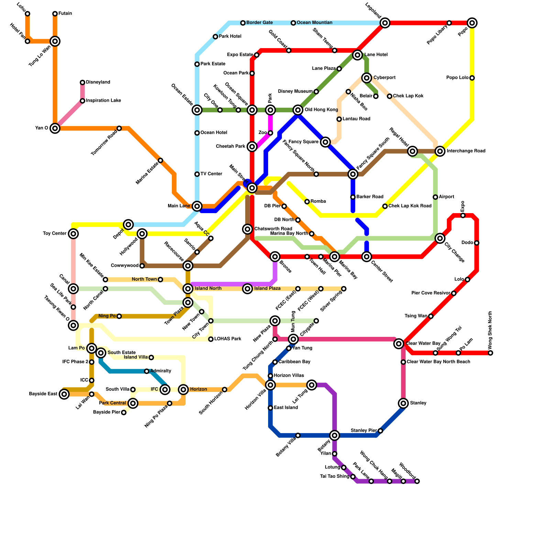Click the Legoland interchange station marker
385,23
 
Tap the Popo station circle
472,23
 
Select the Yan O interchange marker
55,128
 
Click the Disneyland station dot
82,82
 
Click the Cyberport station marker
367,78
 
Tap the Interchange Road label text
466,151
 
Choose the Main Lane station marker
197,206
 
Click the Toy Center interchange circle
73,234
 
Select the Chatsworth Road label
273,229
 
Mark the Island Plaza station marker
247,289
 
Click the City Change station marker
440,238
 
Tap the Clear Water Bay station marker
399,343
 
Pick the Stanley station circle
404,403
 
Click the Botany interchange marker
334,436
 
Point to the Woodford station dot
417,481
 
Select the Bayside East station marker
64,394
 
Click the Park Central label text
112,403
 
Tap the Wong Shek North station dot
491,353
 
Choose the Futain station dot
55,14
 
